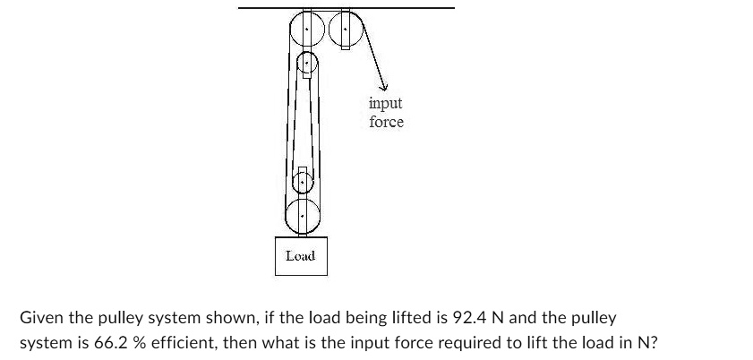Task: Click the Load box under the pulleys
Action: [300, 255]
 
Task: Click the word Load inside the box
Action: [300, 256]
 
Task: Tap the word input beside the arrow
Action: [385, 104]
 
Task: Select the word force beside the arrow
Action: [386, 122]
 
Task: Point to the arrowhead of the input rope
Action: [381, 86]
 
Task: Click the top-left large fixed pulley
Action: [307, 30]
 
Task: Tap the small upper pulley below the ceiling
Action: [307, 64]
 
